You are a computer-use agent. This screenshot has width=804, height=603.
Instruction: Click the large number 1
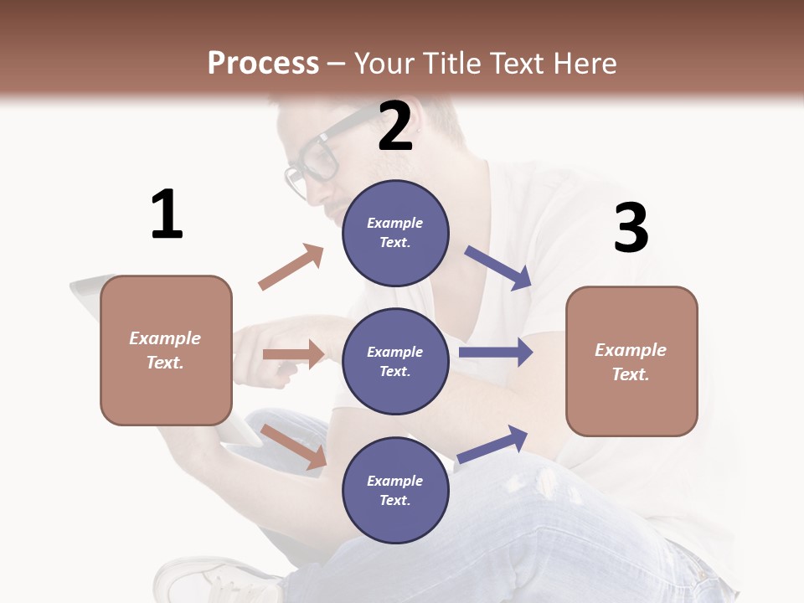(167, 215)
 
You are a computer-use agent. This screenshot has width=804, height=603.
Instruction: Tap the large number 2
(395, 126)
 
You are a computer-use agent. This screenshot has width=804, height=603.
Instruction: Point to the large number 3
(631, 229)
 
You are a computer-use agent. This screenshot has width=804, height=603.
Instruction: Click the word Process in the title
(263, 64)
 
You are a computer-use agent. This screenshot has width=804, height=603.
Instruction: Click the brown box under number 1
(166, 350)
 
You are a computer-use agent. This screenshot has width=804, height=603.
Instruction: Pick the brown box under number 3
(631, 362)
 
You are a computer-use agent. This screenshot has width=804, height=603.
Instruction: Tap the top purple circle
(395, 233)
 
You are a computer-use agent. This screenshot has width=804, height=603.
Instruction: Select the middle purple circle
(395, 362)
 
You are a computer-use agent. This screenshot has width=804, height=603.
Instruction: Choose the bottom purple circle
(395, 491)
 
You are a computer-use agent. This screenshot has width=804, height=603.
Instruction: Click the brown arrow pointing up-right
(291, 266)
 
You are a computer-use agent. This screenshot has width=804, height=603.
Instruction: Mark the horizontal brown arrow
(293, 354)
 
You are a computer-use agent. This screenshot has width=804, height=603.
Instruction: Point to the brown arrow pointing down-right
(294, 446)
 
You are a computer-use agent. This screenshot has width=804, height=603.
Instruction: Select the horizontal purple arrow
(496, 352)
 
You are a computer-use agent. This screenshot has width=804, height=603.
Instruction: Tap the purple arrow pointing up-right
(492, 444)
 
